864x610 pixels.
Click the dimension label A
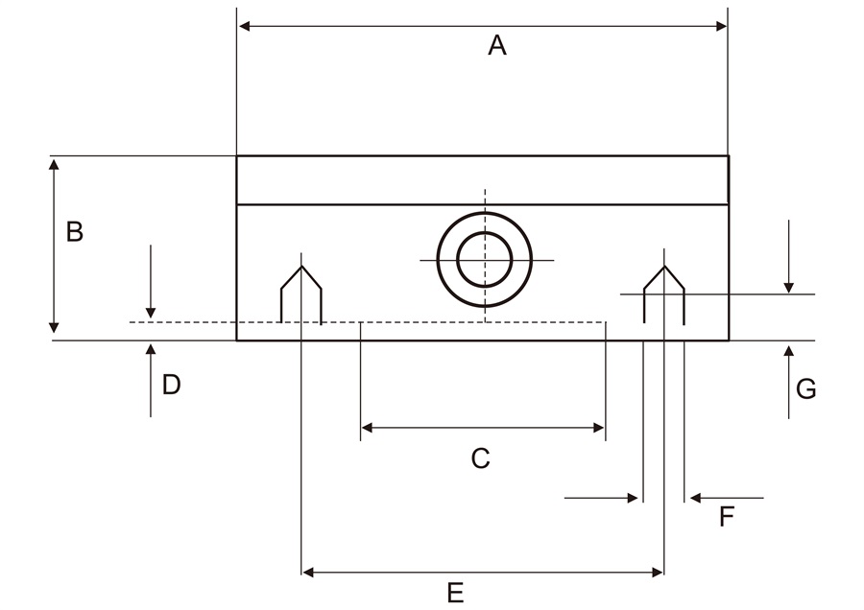pos(496,45)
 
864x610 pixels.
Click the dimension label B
pos(74,232)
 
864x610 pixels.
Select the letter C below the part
pos(480,459)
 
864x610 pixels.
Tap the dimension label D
pos(171,385)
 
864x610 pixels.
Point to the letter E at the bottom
pos(455,592)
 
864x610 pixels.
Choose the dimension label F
pos(727,518)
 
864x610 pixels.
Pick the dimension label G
pos(806,388)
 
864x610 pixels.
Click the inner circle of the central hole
pos(484,260)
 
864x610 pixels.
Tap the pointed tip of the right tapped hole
pos(663,267)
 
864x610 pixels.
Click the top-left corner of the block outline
pos(237,156)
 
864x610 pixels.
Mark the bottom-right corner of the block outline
pos(729,340)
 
